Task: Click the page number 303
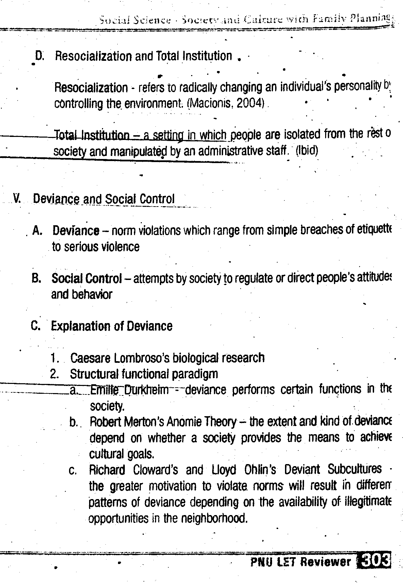pyautogui.click(x=375, y=561)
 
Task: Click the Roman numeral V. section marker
pyautogui.click(x=16, y=198)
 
